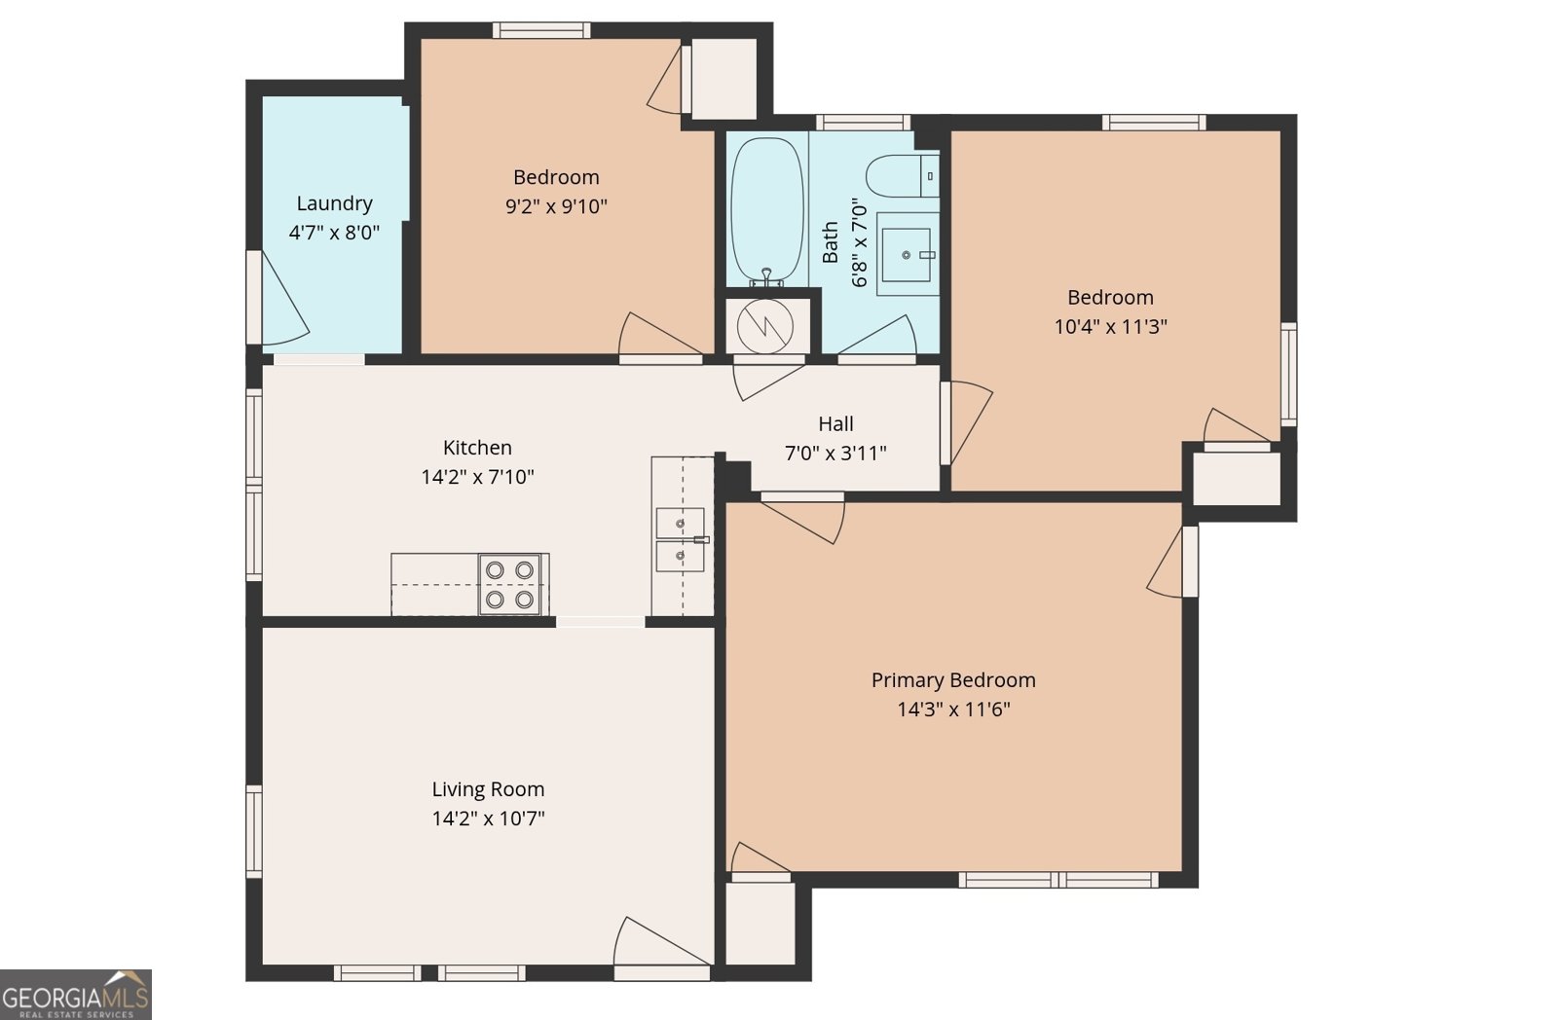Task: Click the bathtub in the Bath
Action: (x=767, y=209)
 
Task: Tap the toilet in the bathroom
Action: (x=903, y=176)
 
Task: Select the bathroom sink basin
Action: (x=906, y=255)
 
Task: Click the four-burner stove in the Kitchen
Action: (x=510, y=584)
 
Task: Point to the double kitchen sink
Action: (x=681, y=539)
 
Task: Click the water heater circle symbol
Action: (x=765, y=326)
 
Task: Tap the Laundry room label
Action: (x=335, y=203)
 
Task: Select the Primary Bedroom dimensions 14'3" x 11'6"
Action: (x=953, y=710)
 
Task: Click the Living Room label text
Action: (x=488, y=789)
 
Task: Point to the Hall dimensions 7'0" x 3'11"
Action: (x=835, y=454)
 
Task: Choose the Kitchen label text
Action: (x=477, y=447)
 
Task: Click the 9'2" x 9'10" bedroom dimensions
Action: (x=556, y=206)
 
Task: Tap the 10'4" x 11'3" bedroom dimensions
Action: (x=1111, y=326)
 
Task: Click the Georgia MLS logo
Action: (x=76, y=995)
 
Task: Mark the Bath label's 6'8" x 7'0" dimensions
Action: (x=861, y=242)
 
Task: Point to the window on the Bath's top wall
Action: (x=863, y=123)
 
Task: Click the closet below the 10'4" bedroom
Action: (x=1237, y=479)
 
